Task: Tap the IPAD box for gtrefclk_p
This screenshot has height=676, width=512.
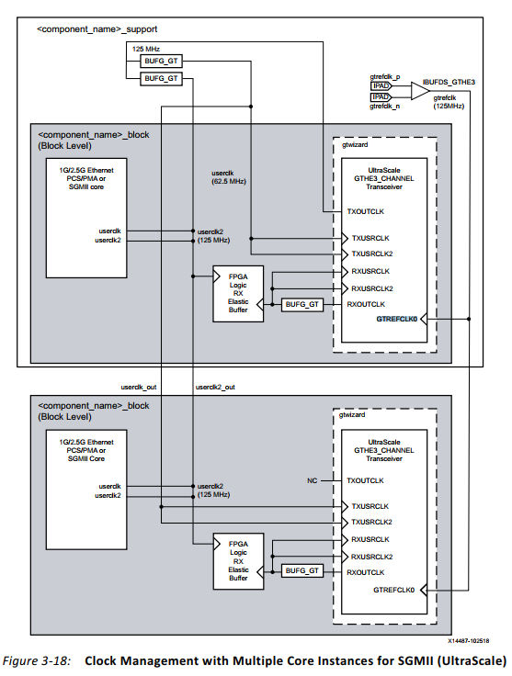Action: (x=381, y=85)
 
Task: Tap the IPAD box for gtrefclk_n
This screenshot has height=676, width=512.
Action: (x=381, y=96)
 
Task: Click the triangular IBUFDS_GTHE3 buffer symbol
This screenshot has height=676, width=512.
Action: (x=419, y=91)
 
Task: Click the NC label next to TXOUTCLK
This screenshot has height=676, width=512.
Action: (x=311, y=480)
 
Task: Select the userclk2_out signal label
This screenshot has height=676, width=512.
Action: (x=215, y=387)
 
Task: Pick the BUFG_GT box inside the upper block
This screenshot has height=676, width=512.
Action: (x=302, y=304)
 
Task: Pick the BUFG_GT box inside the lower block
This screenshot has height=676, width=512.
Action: (x=302, y=571)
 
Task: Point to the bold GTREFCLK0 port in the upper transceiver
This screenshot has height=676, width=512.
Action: (x=396, y=319)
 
